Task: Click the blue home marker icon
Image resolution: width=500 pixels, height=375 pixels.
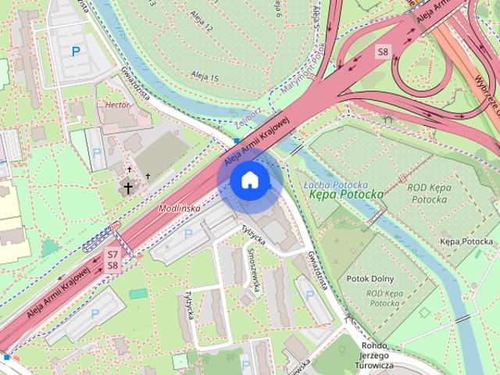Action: point(249,180)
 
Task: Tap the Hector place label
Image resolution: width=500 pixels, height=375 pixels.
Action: point(116,103)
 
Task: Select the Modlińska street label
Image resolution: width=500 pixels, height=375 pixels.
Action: point(179,209)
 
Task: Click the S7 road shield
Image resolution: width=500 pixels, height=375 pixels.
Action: point(113,254)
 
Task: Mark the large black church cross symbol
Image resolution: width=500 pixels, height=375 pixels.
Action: point(126,187)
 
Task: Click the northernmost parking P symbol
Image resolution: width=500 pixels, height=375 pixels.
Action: point(76,52)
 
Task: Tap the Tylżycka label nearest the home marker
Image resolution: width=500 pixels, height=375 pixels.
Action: point(254,234)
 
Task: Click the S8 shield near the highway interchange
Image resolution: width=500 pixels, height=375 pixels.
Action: point(382,52)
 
